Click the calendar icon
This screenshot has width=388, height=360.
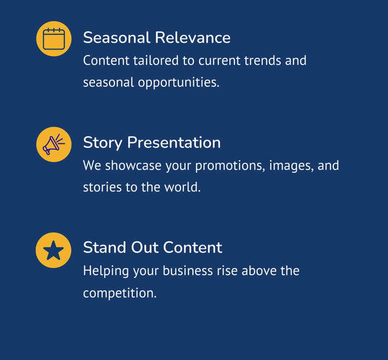[x=54, y=39]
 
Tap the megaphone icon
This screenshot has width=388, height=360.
[x=54, y=144]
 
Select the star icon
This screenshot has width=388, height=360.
[x=54, y=250]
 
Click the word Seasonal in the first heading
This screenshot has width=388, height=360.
[x=117, y=37]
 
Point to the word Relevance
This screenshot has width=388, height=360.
[x=193, y=37]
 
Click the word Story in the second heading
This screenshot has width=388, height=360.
[x=103, y=143]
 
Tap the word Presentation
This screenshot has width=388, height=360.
[x=174, y=143]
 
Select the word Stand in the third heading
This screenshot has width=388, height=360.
[x=105, y=247]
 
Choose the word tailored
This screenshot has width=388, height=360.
[x=156, y=61]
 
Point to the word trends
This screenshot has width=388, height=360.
[x=263, y=61]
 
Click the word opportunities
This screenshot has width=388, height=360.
[x=179, y=83]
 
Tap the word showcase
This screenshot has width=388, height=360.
[x=133, y=166]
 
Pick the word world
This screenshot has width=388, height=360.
[x=182, y=187]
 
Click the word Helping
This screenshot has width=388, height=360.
[x=106, y=271]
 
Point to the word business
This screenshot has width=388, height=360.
[x=187, y=271]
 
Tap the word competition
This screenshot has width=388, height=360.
[x=120, y=293]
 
